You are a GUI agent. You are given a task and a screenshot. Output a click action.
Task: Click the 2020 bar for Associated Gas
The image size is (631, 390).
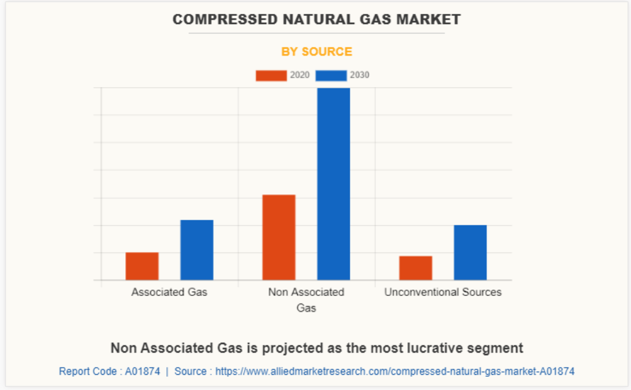pyautogui.click(x=142, y=266)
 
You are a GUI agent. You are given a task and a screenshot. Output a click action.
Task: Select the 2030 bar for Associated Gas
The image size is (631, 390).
pyautogui.click(x=197, y=250)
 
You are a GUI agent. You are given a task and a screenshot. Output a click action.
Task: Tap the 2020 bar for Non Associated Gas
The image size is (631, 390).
pyautogui.click(x=279, y=237)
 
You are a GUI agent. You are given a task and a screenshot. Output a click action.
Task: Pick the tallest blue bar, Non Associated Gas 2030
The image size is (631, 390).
pyautogui.click(x=333, y=184)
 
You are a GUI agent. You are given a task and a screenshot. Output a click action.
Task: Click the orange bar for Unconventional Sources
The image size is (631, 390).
pyautogui.click(x=415, y=268)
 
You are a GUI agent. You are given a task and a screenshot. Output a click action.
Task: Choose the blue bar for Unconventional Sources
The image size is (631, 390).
pyautogui.click(x=470, y=252)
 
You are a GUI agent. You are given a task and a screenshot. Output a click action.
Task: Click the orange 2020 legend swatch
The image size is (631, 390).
pyautogui.click(x=271, y=76)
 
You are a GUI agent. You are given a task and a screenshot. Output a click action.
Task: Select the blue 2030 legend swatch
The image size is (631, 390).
pyautogui.click(x=331, y=76)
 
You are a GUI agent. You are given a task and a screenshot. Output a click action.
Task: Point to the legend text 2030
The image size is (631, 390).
pyautogui.click(x=360, y=75)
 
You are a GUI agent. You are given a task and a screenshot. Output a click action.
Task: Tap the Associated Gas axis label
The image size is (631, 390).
pyautogui.click(x=169, y=292)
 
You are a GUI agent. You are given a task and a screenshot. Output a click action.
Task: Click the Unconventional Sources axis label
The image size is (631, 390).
pyautogui.click(x=443, y=292)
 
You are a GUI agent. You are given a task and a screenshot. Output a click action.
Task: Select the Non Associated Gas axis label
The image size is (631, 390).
pyautogui.click(x=306, y=300)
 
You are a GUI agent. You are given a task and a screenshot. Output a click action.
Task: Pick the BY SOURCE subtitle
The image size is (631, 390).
pyautogui.click(x=316, y=52)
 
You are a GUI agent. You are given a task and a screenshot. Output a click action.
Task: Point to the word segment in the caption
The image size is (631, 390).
pyautogui.click(x=499, y=348)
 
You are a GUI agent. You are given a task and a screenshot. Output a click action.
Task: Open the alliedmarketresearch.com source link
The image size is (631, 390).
pyautogui.click(x=395, y=372)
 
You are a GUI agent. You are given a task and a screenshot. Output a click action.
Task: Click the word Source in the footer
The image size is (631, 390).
pyautogui.click(x=190, y=372)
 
